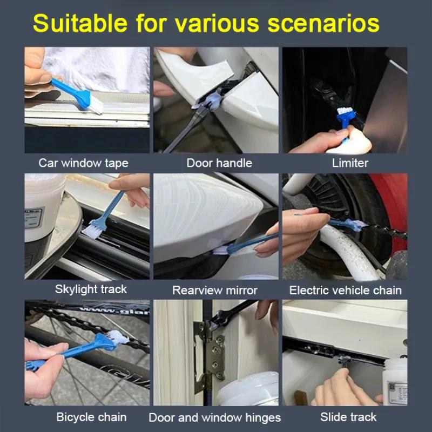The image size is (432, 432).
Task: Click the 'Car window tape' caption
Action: (x=83, y=163)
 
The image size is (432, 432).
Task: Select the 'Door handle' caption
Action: (x=219, y=163)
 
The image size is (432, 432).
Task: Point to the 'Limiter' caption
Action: (x=350, y=163)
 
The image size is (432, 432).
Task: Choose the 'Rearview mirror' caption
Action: (x=215, y=291)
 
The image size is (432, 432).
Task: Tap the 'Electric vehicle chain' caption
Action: (x=346, y=291)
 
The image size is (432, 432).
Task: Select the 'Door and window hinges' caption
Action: (x=214, y=417)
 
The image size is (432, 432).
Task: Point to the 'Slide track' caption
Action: (x=348, y=417)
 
